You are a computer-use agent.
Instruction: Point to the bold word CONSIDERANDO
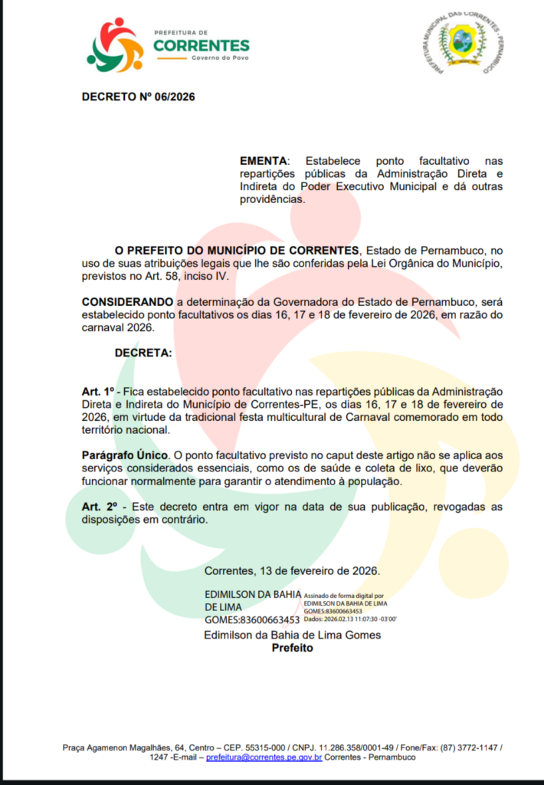(127, 301)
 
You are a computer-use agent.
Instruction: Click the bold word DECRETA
(143, 353)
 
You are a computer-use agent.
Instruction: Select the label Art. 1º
(97, 391)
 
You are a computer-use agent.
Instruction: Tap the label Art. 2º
(97, 507)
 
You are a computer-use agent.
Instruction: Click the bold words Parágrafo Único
(122, 455)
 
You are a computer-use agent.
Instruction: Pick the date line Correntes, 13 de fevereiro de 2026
(292, 571)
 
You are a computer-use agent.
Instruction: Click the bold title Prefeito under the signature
(293, 648)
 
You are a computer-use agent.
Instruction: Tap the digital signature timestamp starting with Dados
(350, 618)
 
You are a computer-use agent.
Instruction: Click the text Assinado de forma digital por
(343, 595)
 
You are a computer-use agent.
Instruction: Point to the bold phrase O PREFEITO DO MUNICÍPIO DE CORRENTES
(237, 251)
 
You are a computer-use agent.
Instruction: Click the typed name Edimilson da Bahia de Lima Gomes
(292, 635)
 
